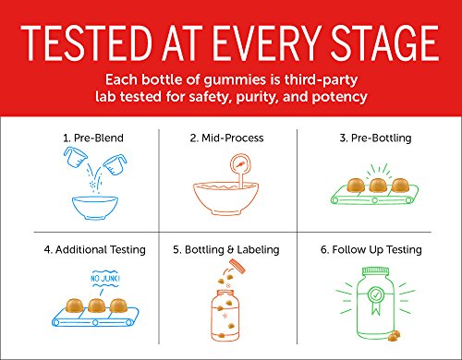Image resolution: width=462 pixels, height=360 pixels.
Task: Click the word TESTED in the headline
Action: coord(87,43)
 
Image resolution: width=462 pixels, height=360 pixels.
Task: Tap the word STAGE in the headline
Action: coord(384,43)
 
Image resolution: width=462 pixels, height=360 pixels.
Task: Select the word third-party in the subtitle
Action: coord(321,80)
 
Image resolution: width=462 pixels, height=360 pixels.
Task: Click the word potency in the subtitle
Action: coord(340,97)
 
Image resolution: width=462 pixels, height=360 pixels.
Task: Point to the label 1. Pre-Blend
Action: coord(93,138)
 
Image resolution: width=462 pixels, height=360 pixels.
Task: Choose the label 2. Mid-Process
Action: coord(226,138)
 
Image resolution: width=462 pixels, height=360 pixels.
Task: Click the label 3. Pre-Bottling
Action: coord(375,138)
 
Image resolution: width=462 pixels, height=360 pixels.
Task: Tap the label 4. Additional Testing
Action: coord(95,249)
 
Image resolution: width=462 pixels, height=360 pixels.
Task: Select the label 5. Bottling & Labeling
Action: coord(226,249)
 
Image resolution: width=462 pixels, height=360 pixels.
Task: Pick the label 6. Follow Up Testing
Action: coord(371,249)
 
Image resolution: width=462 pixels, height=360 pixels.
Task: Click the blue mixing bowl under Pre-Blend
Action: coord(95,208)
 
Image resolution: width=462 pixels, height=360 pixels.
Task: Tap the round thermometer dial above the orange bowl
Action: coord(240,164)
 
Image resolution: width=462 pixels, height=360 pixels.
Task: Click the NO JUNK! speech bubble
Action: coord(105,279)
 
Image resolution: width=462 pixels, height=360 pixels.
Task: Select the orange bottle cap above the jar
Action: coord(237,266)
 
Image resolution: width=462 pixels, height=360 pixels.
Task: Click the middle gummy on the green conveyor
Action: coord(378,186)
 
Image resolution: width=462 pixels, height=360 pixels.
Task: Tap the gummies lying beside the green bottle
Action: coord(395,336)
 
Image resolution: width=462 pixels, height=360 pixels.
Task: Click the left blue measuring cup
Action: coord(75,157)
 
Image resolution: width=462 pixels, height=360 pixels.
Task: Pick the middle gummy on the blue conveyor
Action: coord(96,306)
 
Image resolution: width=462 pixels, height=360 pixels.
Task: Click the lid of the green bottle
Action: coord(375,271)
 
